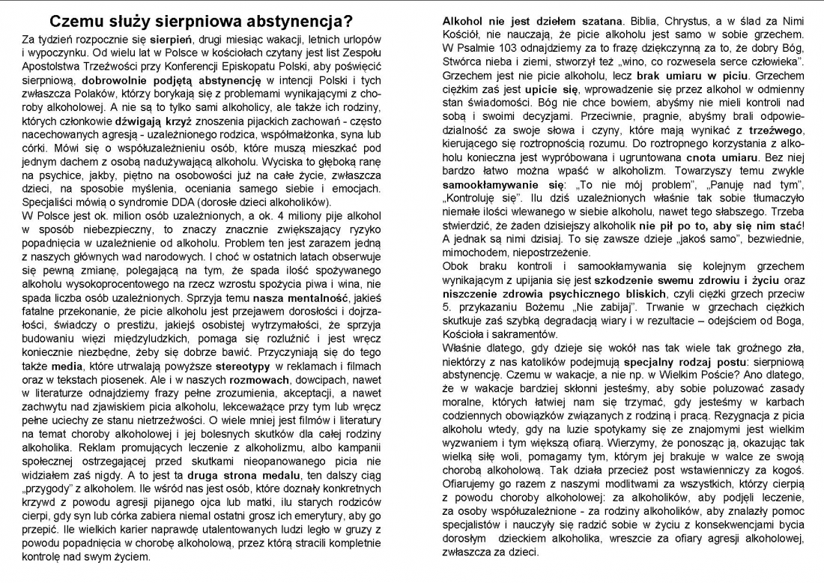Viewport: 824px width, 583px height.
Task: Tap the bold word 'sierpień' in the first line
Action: tap(169, 37)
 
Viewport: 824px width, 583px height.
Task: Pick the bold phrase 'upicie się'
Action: tap(554, 90)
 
